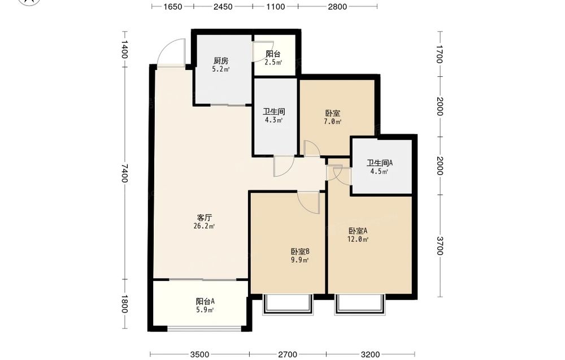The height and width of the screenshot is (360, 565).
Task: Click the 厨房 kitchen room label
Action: coord(221,60)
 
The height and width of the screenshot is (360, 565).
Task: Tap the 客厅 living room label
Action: coord(205,218)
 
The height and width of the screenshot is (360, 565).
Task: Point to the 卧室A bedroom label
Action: coord(358,231)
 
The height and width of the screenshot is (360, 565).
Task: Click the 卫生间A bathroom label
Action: coord(380,163)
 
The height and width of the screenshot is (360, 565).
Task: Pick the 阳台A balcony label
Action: coord(206,301)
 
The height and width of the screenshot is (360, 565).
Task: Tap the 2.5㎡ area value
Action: coord(273,62)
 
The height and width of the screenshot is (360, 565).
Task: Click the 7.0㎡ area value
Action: coord(332,122)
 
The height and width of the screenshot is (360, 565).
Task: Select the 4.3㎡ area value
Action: coord(273,120)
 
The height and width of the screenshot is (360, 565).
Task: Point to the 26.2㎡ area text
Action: coord(205,226)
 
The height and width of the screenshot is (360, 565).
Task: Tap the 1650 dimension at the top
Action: coord(172,6)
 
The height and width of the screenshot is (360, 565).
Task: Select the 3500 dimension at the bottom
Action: coord(199,354)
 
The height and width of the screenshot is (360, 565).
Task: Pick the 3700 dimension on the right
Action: coord(439,246)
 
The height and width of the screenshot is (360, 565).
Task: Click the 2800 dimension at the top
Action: coord(337,6)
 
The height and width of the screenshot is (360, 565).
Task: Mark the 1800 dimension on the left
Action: coord(124,304)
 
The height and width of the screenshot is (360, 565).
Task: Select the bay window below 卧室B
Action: coord(287,305)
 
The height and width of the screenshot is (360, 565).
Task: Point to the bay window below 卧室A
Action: coord(360,305)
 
